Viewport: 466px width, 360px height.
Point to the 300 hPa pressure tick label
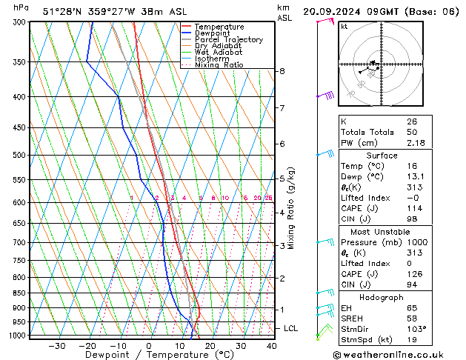point(20,22)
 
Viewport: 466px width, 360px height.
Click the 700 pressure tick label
point(20,242)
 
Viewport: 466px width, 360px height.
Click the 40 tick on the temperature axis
point(271,346)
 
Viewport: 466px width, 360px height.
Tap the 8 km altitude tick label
point(282,71)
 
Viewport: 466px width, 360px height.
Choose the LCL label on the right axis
point(291,328)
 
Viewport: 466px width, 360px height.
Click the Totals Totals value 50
point(411,132)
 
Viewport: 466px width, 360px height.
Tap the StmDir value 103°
point(416,328)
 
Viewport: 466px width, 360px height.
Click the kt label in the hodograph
point(344,26)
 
